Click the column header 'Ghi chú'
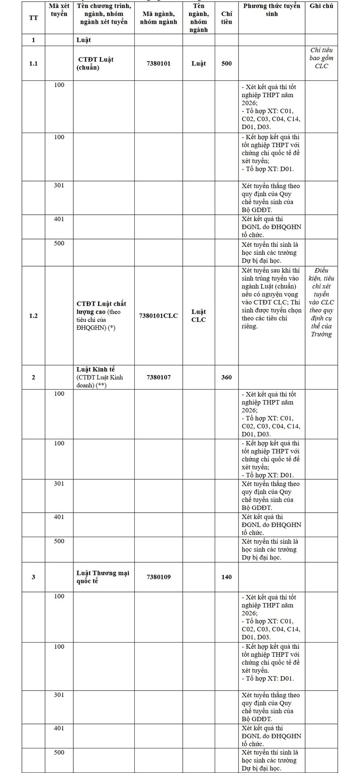coord(321,6)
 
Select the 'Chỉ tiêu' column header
coord(227,18)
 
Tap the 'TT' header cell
coord(33,18)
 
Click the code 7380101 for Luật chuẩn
coord(158,63)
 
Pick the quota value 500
coord(227,63)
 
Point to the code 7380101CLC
coord(158,315)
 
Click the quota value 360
coord(227,377)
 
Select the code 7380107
coord(158,377)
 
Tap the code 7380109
coord(158,577)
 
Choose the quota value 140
coord(227,577)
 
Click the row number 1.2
coord(33,315)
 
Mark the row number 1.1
coord(33,63)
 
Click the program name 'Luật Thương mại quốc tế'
coord(103,577)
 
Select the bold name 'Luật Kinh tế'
coord(96,369)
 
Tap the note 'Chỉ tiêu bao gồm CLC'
coord(321,58)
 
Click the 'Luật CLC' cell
coord(198,315)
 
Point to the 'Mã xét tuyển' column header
coord(59,10)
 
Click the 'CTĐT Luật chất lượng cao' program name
coord(101,307)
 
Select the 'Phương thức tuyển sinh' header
coord(271,10)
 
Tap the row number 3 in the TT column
coord(33,577)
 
